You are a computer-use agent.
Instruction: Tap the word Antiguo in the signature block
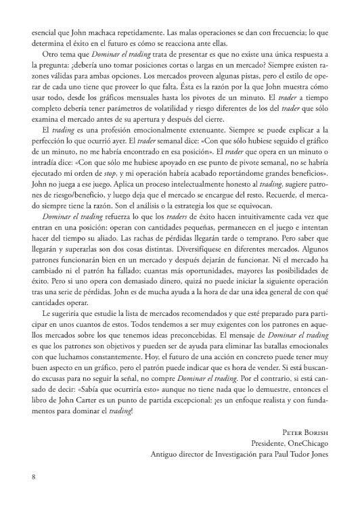click(x=167, y=455)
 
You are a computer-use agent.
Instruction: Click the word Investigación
click(x=240, y=455)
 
